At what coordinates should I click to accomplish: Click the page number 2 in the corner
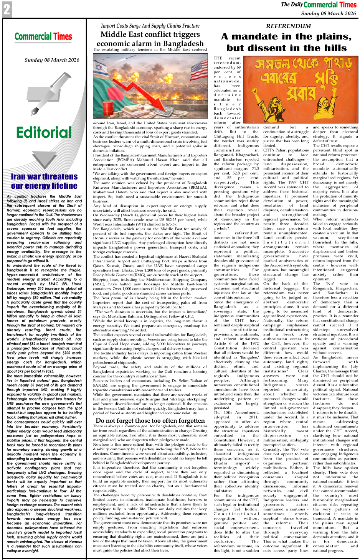[7, 9]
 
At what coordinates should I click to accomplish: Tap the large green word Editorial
[44, 133]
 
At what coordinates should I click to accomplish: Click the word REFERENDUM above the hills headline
[288, 26]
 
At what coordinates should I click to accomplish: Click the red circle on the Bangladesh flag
[115, 93]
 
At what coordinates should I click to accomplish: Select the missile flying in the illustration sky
[130, 57]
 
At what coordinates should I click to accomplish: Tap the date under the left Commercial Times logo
[52, 60]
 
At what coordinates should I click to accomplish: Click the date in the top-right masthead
[328, 13]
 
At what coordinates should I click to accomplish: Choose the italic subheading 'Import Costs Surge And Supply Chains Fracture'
[150, 26]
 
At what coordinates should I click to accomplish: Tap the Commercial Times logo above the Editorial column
[43, 37]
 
